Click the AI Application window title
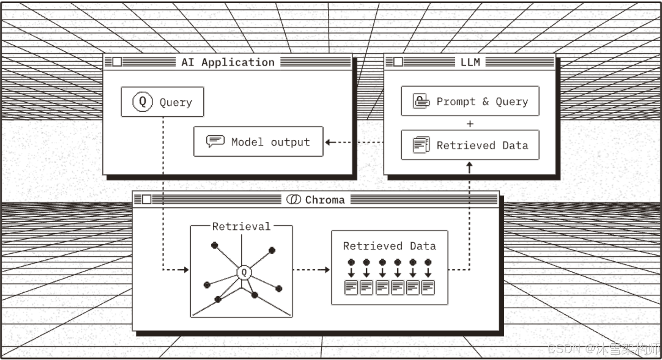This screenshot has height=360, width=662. (x=228, y=62)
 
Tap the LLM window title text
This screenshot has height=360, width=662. (x=470, y=62)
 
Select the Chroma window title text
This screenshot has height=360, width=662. (x=324, y=200)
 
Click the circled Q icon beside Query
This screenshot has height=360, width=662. (x=142, y=102)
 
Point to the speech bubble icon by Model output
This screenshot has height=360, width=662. (x=215, y=141)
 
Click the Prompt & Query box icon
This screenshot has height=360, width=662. (x=421, y=101)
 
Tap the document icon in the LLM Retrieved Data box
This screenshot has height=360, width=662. (x=421, y=145)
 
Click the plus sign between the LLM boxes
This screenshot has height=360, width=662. (x=470, y=124)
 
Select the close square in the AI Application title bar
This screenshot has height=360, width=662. (x=117, y=62)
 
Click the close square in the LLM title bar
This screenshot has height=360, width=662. (x=398, y=62)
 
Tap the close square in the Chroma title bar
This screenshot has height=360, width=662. (x=147, y=199)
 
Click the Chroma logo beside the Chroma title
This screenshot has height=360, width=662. (x=293, y=200)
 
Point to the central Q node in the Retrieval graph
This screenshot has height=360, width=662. (x=244, y=272)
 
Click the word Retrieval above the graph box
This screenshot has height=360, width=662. (x=241, y=226)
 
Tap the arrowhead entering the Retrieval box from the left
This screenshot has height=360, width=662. (x=186, y=269)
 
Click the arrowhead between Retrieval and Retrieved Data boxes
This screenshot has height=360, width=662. (x=327, y=269)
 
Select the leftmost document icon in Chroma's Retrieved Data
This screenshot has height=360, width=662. (x=351, y=287)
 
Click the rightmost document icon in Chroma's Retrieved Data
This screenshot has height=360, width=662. (x=428, y=287)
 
